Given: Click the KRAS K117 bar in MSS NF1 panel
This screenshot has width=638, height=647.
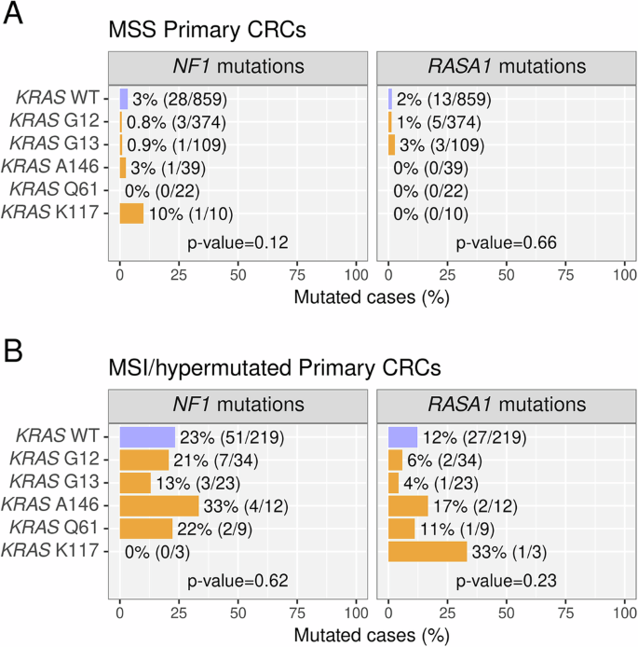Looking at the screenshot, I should pos(131,213).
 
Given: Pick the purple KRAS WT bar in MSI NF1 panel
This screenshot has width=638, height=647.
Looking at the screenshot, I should pos(147,436).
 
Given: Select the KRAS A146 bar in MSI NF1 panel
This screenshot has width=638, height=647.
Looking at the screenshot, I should pos(158,505).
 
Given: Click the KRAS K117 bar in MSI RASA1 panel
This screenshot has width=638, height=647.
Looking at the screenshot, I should pos(427,552).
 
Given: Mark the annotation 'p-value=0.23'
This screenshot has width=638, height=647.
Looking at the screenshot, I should pos(506,581).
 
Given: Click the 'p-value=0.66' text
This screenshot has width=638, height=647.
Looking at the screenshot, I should pos(506,243).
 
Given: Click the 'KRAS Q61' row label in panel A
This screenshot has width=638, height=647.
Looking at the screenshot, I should pos(61,191).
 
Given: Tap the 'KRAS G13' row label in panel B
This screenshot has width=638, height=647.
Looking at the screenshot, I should pos(61,483).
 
